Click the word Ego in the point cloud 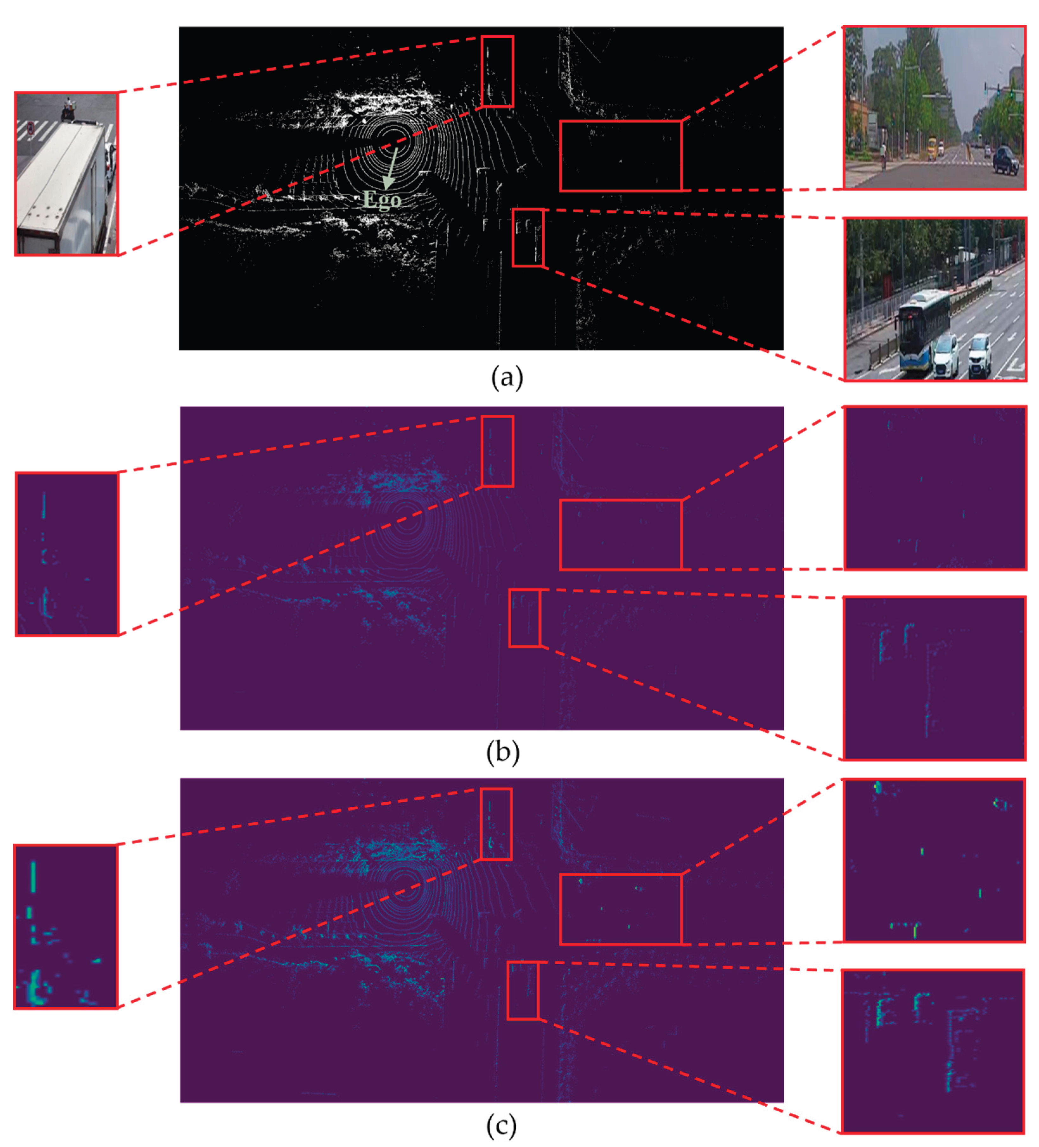point(381,200)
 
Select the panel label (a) point(506,377)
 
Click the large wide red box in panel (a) point(621,155)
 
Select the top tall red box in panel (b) point(497,451)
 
